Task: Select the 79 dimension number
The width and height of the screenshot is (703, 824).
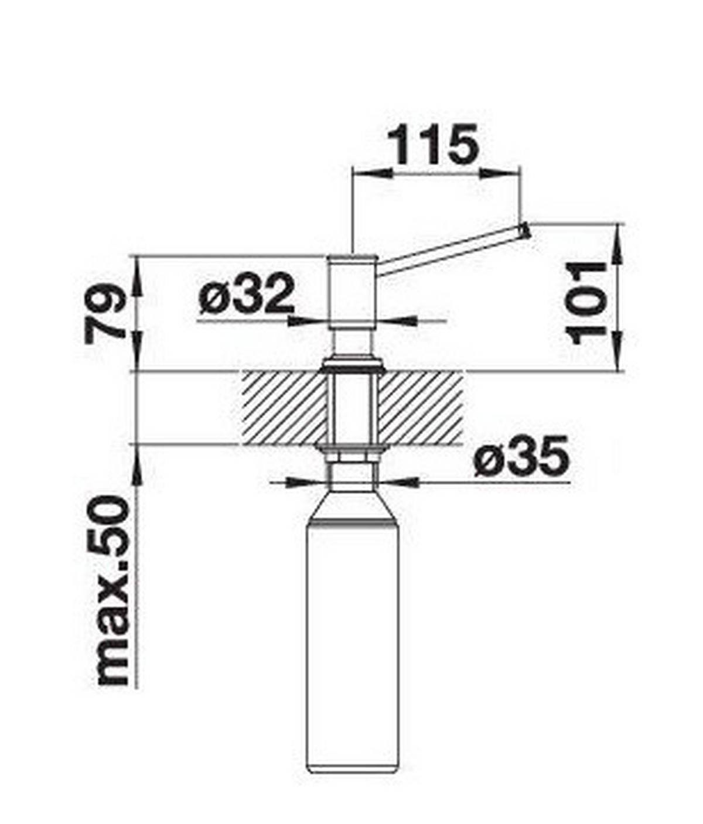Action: tap(105, 313)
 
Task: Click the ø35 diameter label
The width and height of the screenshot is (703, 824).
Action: tap(521, 456)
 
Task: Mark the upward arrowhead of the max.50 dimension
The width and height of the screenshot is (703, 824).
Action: tap(136, 469)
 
